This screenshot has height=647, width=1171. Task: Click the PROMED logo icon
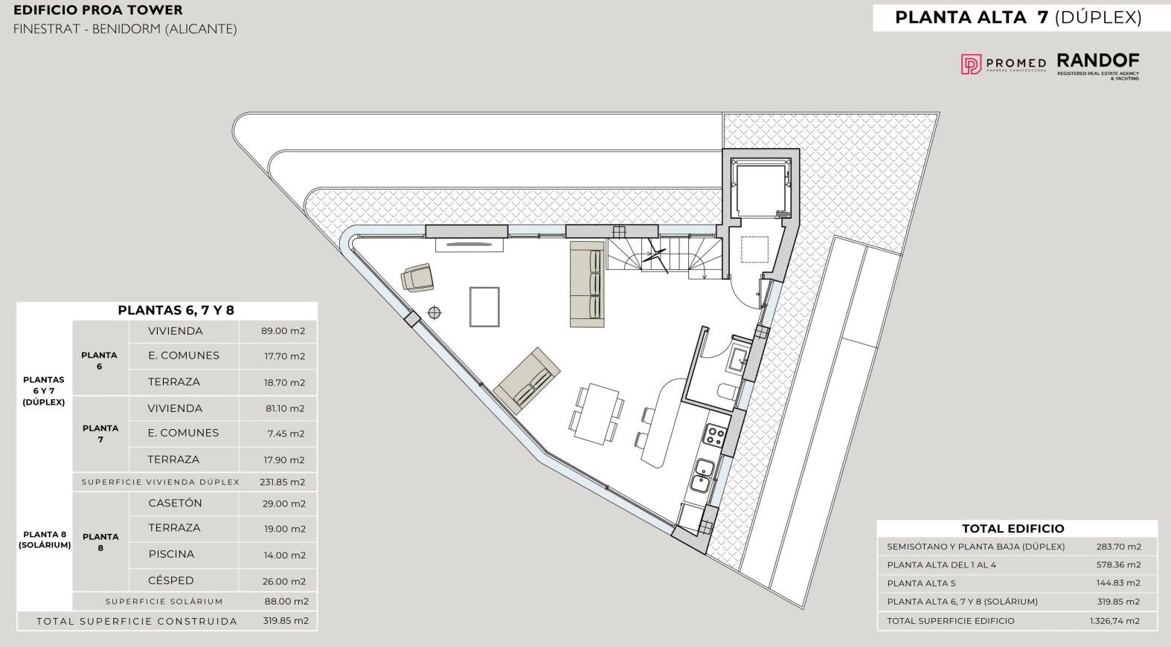(x=971, y=64)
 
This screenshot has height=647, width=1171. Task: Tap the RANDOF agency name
(x=1098, y=61)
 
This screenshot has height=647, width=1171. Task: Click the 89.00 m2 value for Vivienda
(x=283, y=331)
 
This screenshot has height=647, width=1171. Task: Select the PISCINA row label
(x=171, y=554)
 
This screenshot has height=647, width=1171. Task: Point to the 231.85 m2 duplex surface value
(x=282, y=482)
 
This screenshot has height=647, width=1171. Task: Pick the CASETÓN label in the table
(x=175, y=503)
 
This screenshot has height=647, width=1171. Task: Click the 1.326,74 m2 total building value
(x=1114, y=621)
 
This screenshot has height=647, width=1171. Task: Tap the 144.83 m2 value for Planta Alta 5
(x=1118, y=583)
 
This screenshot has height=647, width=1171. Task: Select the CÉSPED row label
(x=171, y=580)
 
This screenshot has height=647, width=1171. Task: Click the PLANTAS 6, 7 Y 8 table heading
(x=176, y=310)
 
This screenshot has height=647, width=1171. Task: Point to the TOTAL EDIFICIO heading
(x=1013, y=528)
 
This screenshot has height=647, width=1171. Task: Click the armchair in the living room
(x=417, y=277)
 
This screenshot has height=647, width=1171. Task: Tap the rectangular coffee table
(x=484, y=307)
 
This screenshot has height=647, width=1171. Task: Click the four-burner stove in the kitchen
(x=713, y=435)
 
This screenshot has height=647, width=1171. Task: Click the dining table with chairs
(x=597, y=414)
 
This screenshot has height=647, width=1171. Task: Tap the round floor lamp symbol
(x=434, y=312)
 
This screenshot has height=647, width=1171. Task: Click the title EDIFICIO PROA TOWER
(x=97, y=10)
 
